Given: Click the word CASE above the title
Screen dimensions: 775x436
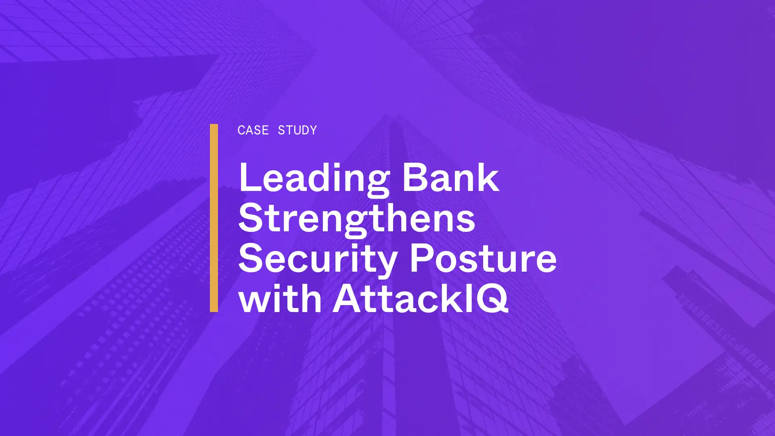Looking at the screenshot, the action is pos(253,130).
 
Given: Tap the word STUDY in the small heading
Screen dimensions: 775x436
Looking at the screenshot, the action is pos(297,130).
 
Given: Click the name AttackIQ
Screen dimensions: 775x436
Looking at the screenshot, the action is pos(420,299).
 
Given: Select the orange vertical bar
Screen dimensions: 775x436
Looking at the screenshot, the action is pos(214,218).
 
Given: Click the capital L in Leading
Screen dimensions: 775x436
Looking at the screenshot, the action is pos(250,177).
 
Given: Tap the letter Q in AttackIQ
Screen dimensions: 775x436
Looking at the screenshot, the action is pos(492,299).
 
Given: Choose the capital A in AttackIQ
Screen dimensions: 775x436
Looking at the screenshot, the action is pos(348,298).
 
